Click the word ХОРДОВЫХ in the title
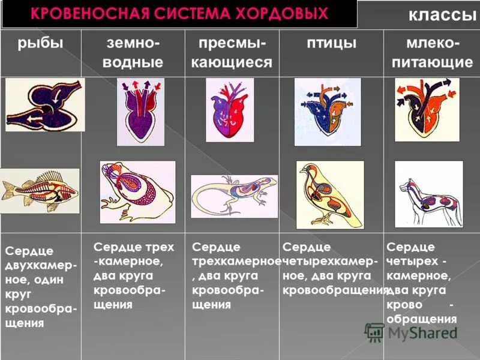285,13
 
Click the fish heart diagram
45,106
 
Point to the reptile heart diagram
230,110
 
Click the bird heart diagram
328,112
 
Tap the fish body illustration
40,191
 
